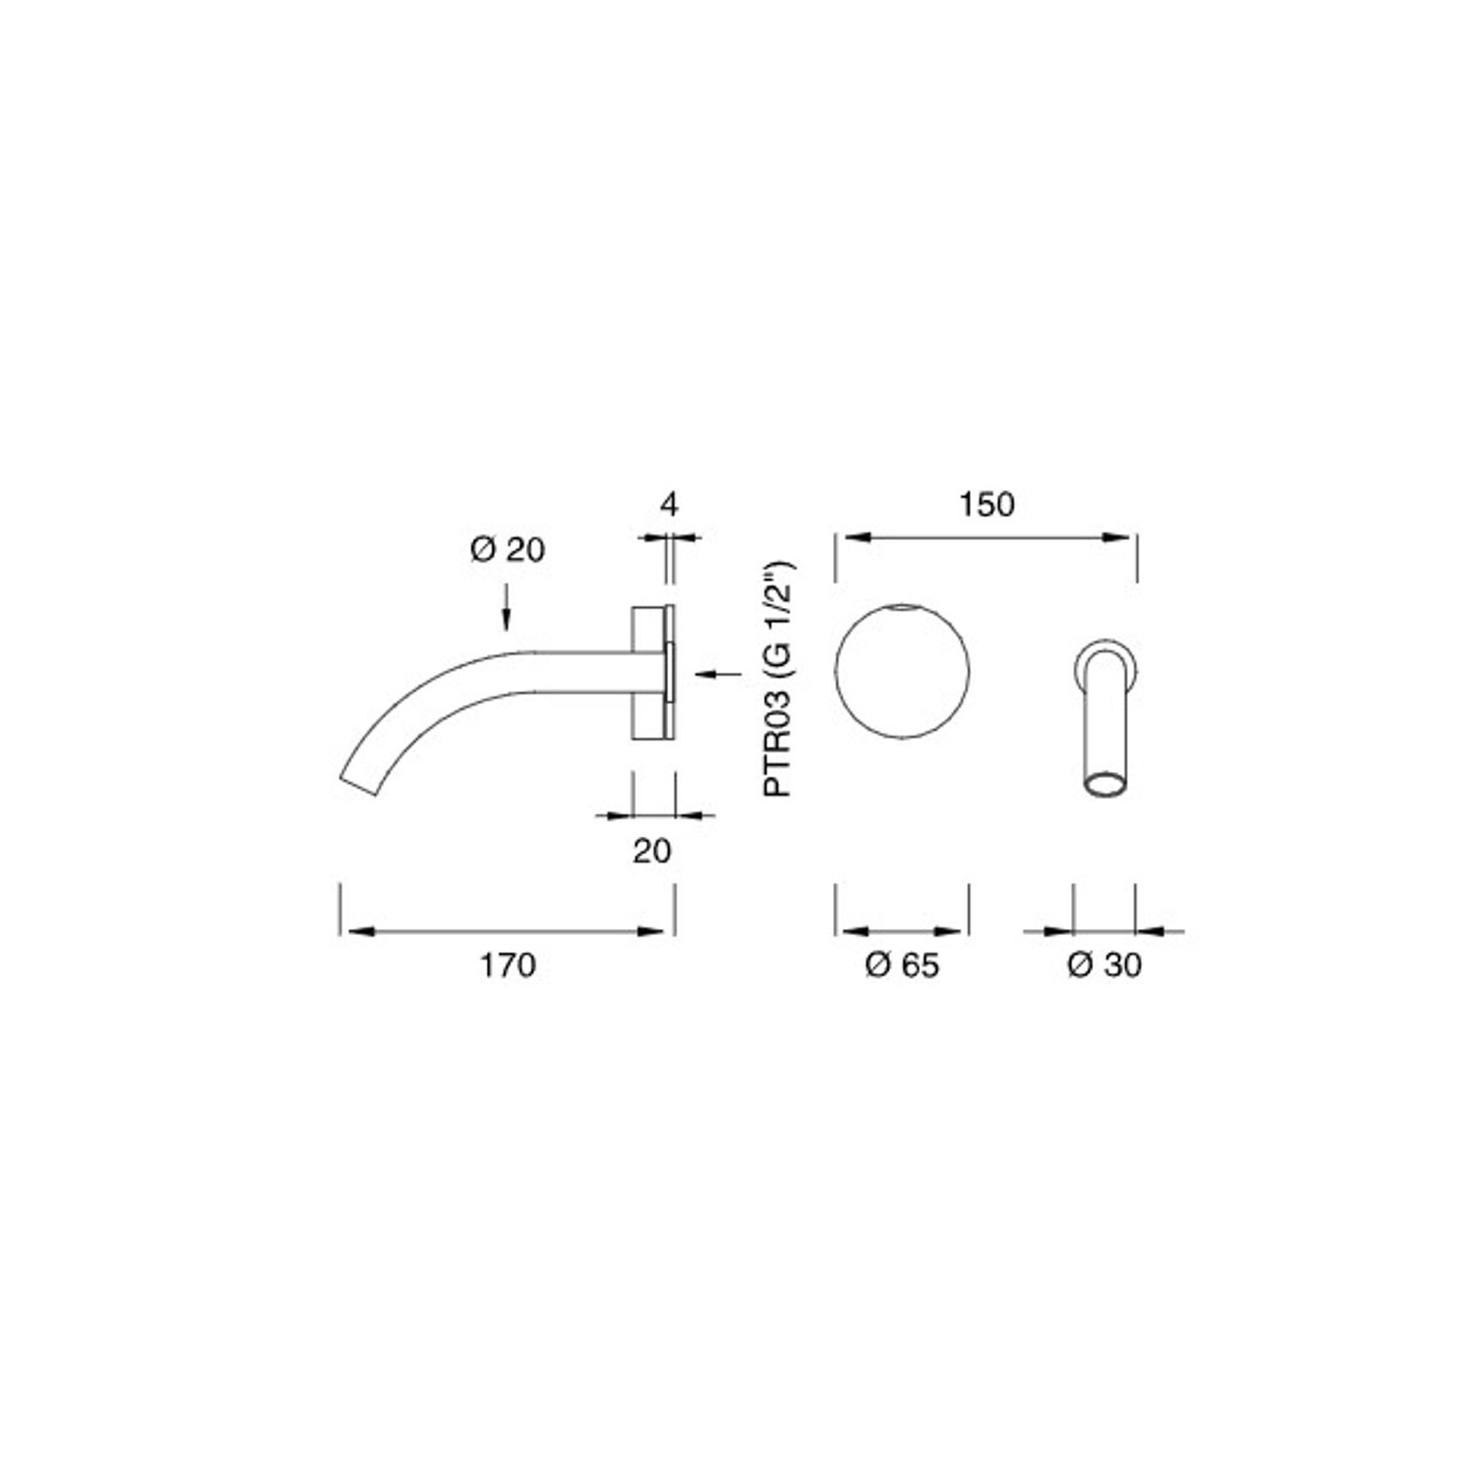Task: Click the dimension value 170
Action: [x=507, y=966]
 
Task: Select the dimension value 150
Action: [x=987, y=504]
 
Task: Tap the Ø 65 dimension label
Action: [x=902, y=966]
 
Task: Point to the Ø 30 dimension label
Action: [x=1104, y=966]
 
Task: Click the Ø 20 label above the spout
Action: [x=507, y=550]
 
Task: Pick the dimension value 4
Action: [x=669, y=504]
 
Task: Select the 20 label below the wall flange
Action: [x=652, y=851]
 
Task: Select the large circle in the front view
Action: [x=902, y=669]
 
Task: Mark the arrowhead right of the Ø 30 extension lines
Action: [x=1151, y=932]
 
